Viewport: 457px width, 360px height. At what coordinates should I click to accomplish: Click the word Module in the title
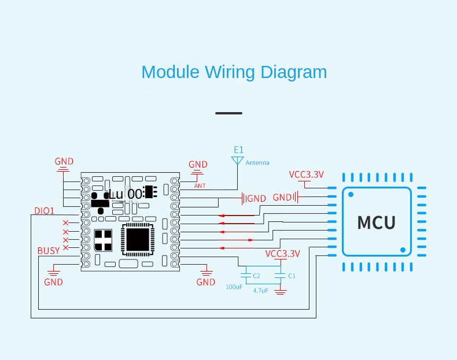tap(170, 72)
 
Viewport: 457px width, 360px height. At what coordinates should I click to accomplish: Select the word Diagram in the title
tap(293, 72)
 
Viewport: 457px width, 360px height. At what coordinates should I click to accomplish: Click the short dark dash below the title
tap(228, 113)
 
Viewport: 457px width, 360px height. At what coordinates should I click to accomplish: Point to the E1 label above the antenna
tap(238, 150)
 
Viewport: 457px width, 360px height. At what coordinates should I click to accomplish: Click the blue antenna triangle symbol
tap(237, 159)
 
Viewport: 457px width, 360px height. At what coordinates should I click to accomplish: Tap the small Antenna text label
tap(257, 163)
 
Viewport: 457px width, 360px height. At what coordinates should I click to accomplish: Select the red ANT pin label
tap(200, 185)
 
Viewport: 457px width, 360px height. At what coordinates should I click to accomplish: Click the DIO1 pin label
tap(44, 211)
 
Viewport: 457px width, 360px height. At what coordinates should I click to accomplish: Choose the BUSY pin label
tap(49, 251)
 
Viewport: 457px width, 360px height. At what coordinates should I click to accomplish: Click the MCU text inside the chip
tap(377, 222)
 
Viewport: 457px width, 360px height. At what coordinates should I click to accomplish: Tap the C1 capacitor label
tap(292, 276)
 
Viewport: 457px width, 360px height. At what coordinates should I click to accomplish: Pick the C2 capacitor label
tap(256, 276)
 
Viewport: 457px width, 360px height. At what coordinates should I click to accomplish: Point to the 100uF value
tap(234, 287)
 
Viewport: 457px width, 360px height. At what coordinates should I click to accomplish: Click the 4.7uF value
tap(261, 291)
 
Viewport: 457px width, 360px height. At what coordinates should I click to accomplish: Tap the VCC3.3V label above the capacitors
tap(283, 254)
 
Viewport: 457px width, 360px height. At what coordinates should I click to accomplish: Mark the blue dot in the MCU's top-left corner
tap(350, 194)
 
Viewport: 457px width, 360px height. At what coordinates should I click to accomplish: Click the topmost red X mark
tap(65, 223)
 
